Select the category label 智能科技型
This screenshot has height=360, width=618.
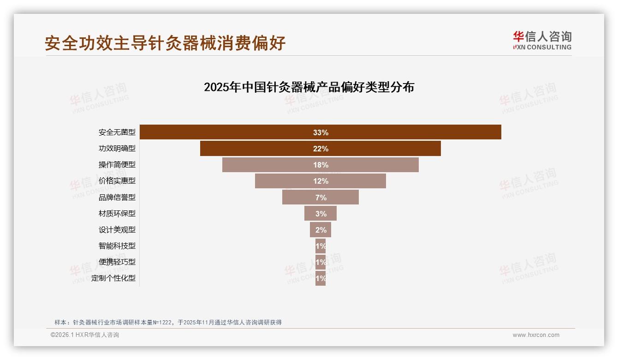click(x=117, y=246)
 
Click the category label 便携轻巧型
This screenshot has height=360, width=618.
click(x=117, y=262)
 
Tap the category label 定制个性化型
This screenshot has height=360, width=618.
click(x=113, y=278)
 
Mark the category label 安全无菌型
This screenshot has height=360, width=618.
click(x=117, y=132)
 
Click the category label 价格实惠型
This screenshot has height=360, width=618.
click(x=117, y=181)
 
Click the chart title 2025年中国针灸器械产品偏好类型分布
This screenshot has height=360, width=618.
click(x=309, y=87)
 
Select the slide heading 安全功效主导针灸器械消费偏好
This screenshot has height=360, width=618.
click(x=165, y=43)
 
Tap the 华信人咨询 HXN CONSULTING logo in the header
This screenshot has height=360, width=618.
click(x=542, y=40)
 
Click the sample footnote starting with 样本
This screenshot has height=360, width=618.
click(x=168, y=323)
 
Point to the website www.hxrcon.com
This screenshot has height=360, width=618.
click(x=536, y=335)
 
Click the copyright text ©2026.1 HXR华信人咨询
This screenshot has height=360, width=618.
click(x=85, y=335)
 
